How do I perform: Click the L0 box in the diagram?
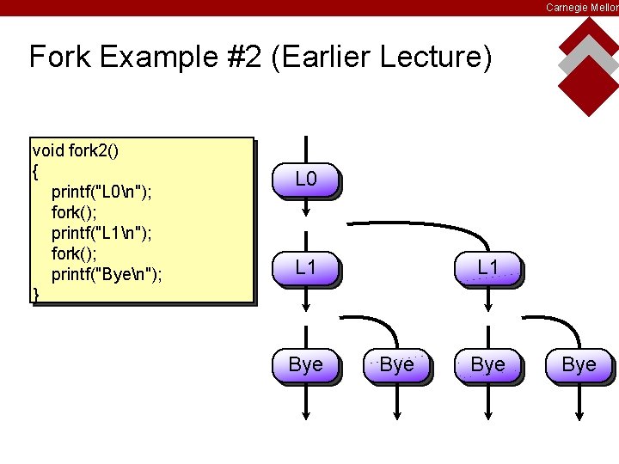[x=305, y=180]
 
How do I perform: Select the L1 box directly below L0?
[x=305, y=268]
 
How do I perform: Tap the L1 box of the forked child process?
[x=488, y=268]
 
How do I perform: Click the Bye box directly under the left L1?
[x=305, y=365]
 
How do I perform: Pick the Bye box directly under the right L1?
[x=488, y=365]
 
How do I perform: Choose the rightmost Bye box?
[x=579, y=365]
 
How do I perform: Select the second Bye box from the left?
[x=396, y=365]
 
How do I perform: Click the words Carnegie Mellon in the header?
[x=581, y=7]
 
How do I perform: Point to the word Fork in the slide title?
[x=63, y=58]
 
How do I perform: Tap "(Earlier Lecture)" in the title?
[x=381, y=58]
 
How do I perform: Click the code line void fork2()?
[x=76, y=151]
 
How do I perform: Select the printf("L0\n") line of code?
[x=102, y=192]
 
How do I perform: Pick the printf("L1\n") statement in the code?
[x=102, y=233]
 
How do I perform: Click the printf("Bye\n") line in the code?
[x=107, y=274]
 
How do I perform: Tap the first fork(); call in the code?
[x=74, y=212]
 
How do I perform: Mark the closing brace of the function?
[x=35, y=295]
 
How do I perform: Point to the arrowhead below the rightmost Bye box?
[x=579, y=414]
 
